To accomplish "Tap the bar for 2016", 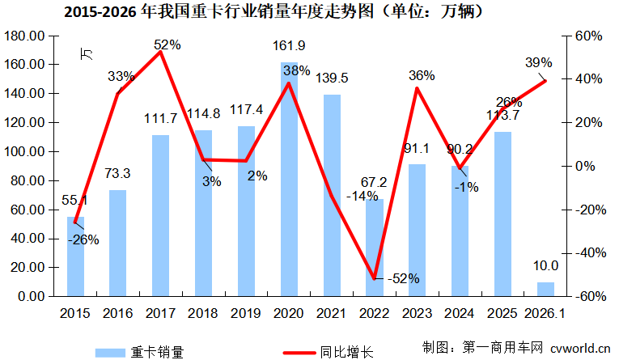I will point(118,243).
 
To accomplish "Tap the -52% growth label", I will point(403,278).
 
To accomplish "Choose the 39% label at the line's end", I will point(538,63).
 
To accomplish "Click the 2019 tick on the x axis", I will point(246,312).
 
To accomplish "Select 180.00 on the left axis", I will point(24,36).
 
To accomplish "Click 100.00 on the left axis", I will point(24,152).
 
